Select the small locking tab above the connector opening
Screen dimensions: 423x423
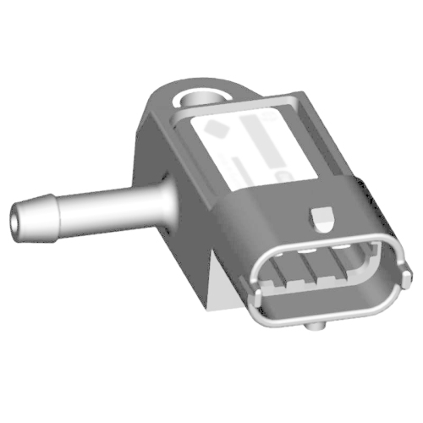tap(321, 217)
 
